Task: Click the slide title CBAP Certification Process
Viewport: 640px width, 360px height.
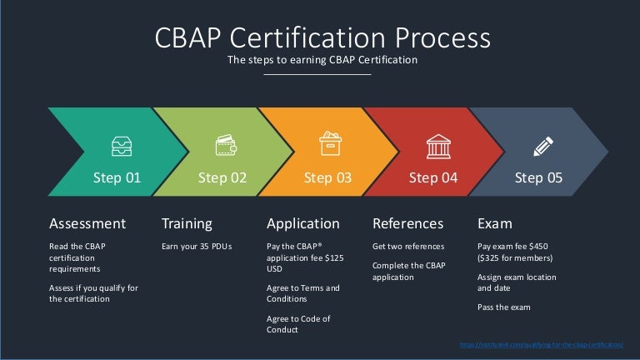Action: (x=322, y=37)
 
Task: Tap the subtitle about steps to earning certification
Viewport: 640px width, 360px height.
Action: (x=322, y=60)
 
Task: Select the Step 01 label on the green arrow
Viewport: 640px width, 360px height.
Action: (x=117, y=177)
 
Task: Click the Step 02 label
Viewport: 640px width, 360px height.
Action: (x=222, y=177)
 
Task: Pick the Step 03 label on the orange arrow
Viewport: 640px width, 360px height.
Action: (x=327, y=177)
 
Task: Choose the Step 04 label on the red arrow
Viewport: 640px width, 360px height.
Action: (x=433, y=177)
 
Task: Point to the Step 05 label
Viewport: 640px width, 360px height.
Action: (x=539, y=177)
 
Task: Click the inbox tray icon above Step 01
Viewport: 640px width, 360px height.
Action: (x=121, y=147)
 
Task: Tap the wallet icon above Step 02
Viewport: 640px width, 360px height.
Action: (x=226, y=144)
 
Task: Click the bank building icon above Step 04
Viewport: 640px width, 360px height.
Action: (x=437, y=146)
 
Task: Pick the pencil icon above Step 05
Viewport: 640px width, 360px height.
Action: (x=542, y=147)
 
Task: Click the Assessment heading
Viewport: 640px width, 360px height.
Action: (x=87, y=223)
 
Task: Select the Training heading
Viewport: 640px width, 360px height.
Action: (x=187, y=223)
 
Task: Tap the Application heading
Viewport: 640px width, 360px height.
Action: (x=302, y=223)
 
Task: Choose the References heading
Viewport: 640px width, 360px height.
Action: (x=408, y=223)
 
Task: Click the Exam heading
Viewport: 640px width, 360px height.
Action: (x=494, y=223)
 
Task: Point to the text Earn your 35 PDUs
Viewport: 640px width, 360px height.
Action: (x=197, y=247)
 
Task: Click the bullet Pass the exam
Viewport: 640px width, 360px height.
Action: (x=503, y=307)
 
